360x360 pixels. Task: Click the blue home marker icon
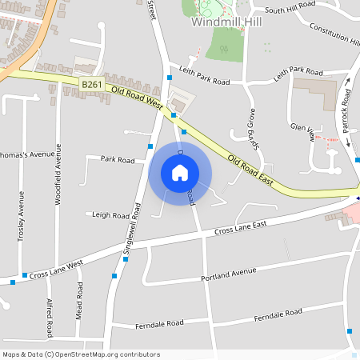[180, 172]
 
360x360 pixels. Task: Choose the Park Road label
[117, 159]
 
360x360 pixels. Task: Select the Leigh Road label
[110, 215]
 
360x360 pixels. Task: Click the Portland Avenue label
[229, 272]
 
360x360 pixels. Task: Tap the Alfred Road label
[50, 317]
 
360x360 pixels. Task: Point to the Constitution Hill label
[334, 33]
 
